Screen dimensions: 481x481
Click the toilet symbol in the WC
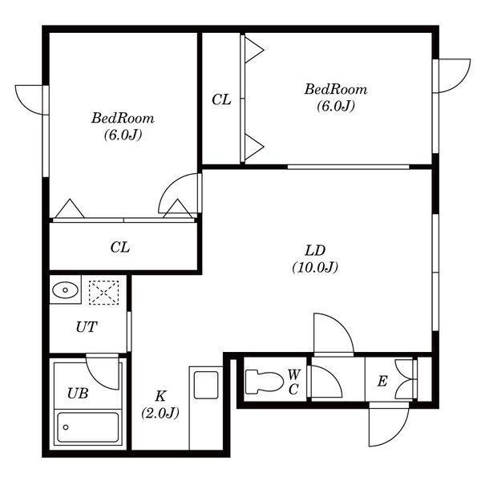pos(264,382)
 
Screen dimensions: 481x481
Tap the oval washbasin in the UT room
pos(65,290)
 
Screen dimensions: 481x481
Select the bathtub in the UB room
pos(88,427)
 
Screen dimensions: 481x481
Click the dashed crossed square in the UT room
pos(103,293)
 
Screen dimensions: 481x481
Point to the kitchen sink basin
pos(206,385)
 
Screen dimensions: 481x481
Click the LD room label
pos(315,251)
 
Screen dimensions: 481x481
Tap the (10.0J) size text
pos(315,268)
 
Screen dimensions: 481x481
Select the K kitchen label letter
pos(160,396)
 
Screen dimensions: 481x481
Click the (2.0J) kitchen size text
pos(160,413)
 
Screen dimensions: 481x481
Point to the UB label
pos(78,394)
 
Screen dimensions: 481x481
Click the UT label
pos(87,327)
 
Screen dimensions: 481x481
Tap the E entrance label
pos(382,382)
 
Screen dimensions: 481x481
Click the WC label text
pos(294,382)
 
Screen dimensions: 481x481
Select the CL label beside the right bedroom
pos(221,99)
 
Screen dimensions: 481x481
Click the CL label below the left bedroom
pos(120,247)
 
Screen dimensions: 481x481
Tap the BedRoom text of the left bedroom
pos(123,119)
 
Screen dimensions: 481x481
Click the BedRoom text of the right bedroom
pos(336,90)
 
